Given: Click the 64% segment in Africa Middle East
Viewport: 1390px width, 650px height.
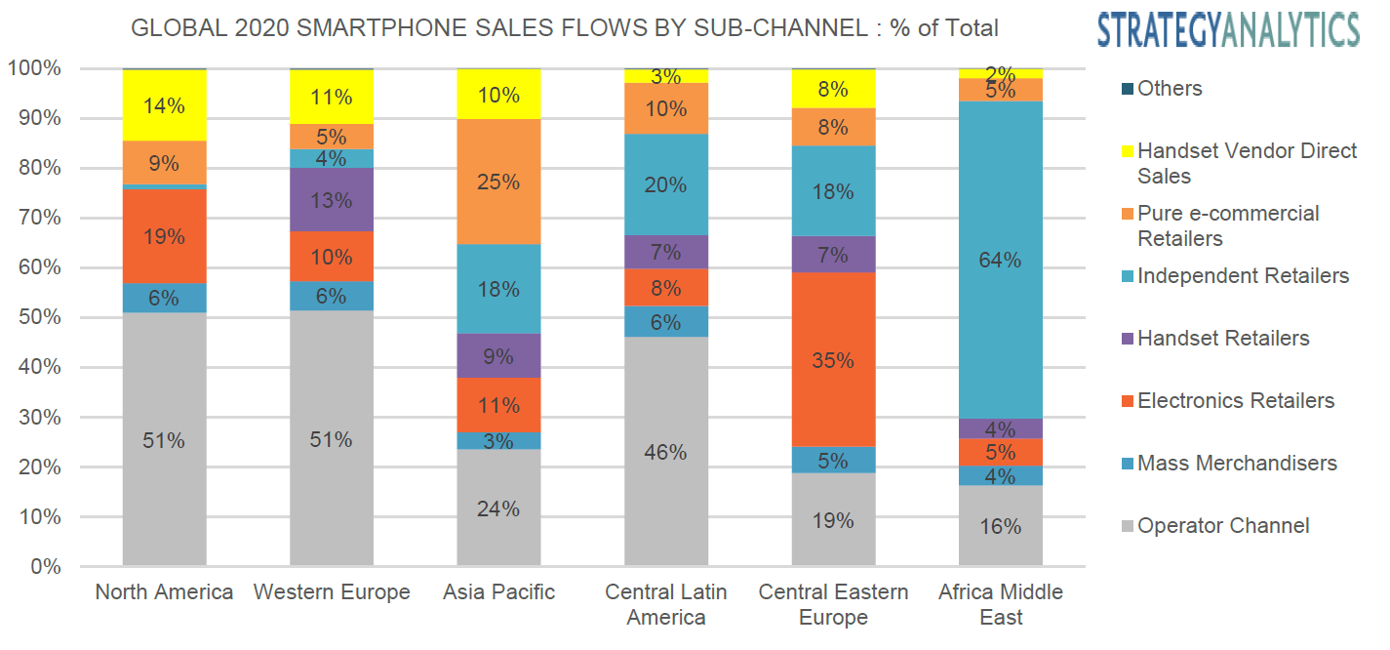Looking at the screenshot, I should (x=1001, y=260).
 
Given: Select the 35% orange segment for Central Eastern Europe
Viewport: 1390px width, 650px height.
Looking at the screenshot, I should (x=834, y=360).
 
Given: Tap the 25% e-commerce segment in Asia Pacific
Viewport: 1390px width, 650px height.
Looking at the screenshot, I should (x=498, y=183).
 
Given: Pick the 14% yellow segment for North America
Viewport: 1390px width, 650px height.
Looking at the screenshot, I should (x=164, y=105).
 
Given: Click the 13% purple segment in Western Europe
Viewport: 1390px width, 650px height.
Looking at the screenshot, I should (x=332, y=200).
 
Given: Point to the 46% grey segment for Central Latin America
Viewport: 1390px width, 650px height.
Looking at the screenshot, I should (x=666, y=451).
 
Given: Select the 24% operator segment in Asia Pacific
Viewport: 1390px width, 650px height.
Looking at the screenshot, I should (x=498, y=508).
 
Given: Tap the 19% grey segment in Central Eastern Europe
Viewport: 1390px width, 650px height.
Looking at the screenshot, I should (x=834, y=519).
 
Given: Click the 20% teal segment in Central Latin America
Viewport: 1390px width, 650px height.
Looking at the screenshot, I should (x=666, y=184).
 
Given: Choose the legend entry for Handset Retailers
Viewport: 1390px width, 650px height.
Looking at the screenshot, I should (x=1223, y=339).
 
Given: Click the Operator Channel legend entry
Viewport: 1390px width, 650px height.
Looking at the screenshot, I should (x=1223, y=526).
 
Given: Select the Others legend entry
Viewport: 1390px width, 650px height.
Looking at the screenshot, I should (x=1170, y=89).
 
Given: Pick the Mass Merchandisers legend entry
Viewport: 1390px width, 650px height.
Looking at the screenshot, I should (x=1236, y=464).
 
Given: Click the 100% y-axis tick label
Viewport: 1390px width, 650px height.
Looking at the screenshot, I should (x=35, y=68).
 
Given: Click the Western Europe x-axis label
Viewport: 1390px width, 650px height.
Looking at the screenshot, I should (x=332, y=592).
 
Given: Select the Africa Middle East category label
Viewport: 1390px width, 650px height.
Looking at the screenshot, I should (x=1001, y=604).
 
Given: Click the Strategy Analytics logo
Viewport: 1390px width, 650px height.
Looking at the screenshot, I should (x=1228, y=29).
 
